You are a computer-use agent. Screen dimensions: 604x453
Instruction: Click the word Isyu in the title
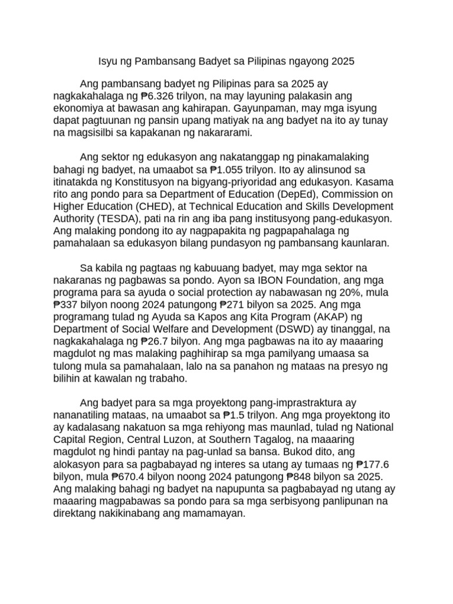click(x=107, y=61)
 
